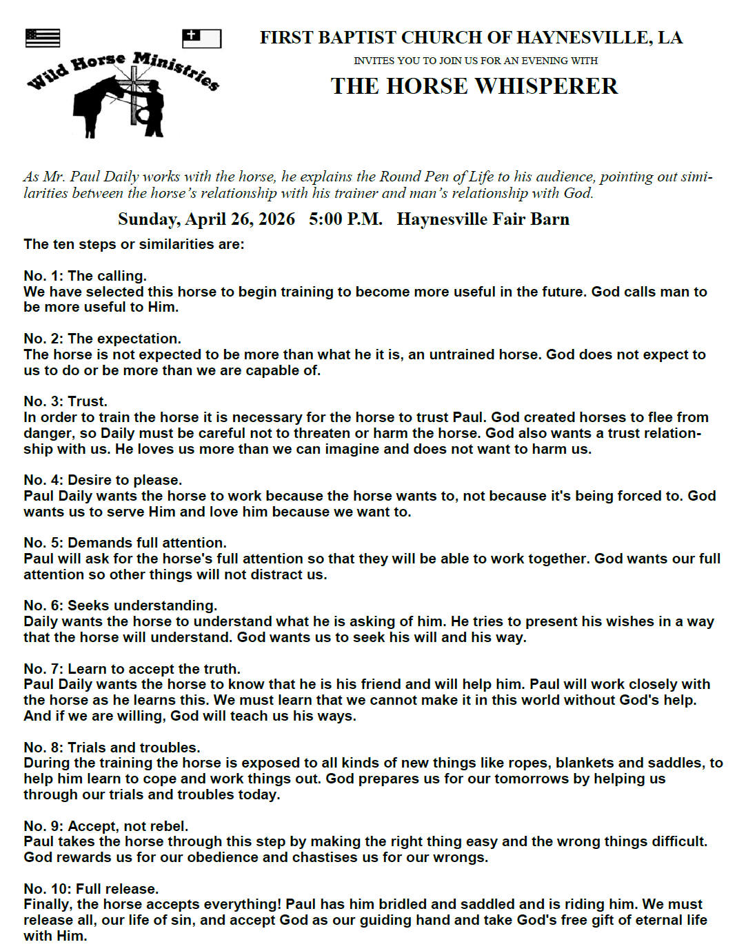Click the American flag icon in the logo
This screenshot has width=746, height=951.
coord(42,38)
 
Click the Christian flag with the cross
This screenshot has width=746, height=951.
coord(201,39)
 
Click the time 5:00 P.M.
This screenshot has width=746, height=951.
coord(345,219)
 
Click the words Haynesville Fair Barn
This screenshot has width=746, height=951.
coord(483,219)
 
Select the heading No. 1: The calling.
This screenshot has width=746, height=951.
coord(85,276)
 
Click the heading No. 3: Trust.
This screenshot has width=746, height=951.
coord(65,401)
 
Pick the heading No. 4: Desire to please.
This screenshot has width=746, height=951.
coord(103,480)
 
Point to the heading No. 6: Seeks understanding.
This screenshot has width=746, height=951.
coord(120,605)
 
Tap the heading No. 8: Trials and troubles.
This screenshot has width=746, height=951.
coord(112,748)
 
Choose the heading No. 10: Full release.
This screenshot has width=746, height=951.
coord(91,889)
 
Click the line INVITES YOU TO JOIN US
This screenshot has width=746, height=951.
coord(476,61)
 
